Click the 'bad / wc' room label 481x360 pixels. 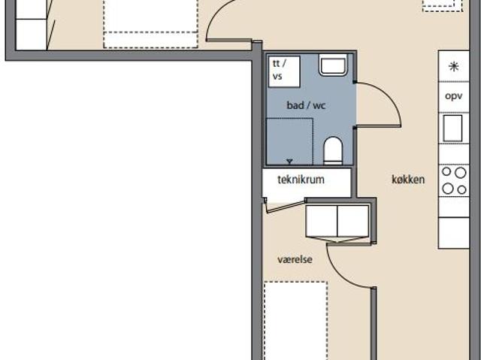306,105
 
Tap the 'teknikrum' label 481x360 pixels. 301,180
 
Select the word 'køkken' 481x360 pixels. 408,180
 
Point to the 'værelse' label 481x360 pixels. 295,259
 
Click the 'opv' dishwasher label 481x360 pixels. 454,96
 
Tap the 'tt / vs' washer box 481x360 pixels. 284,71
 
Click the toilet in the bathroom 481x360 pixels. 333,150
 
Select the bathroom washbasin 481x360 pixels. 333,65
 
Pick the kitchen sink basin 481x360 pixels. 452,129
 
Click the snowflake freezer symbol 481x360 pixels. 454,67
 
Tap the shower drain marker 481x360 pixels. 289,162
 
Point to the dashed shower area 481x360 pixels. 289,141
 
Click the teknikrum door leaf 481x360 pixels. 286,207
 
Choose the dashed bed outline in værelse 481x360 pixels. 295,320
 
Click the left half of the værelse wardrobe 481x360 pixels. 322,221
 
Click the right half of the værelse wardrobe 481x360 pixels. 353,221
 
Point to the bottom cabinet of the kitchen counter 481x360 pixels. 454,233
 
